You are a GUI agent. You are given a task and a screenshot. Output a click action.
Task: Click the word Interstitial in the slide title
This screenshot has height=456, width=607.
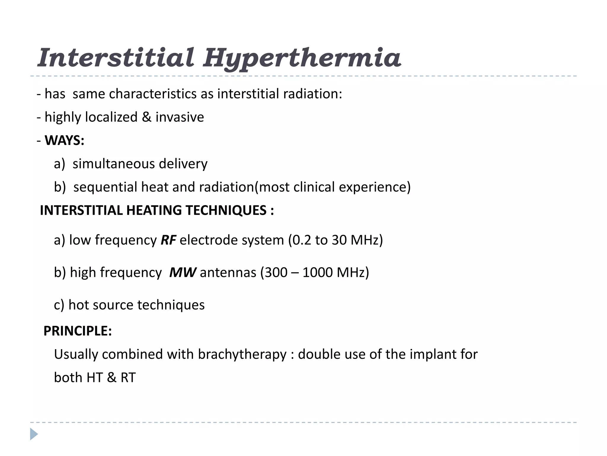(116, 58)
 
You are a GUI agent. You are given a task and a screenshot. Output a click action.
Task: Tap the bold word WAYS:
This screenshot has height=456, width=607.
(64, 140)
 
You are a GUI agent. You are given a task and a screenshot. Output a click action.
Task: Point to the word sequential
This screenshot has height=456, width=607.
(105, 187)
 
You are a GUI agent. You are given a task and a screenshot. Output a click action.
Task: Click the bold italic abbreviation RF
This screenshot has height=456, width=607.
(168, 240)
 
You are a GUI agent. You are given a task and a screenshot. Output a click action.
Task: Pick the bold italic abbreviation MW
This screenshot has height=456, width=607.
(182, 272)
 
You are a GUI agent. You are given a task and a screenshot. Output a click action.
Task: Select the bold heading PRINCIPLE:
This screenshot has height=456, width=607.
(78, 331)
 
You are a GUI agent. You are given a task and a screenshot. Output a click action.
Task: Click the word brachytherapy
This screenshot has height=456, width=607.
(242, 354)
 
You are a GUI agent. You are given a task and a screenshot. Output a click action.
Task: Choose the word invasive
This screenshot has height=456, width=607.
(180, 117)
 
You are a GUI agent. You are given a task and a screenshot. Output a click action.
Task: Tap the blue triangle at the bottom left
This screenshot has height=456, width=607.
(34, 434)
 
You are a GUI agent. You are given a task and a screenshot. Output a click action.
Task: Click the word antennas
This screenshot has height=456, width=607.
(228, 272)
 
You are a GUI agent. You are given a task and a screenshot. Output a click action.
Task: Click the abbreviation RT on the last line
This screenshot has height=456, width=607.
(128, 378)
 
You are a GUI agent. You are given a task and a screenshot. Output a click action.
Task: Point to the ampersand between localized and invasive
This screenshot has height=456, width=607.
(146, 117)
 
